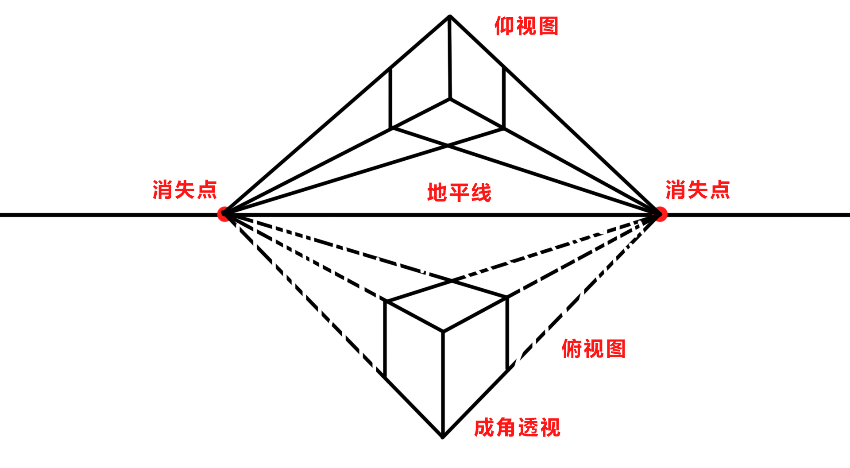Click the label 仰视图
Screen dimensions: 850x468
(526, 26)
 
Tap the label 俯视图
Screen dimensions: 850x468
(593, 349)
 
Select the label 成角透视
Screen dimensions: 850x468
(517, 428)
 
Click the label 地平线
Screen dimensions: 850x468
(459, 193)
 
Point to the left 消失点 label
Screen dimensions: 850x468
(185, 190)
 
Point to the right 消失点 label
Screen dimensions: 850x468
(698, 190)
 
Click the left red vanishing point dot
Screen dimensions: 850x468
(224, 214)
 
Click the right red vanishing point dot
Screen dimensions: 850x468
(660, 214)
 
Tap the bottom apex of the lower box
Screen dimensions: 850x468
(443, 437)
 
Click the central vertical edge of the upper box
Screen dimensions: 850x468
(450, 58)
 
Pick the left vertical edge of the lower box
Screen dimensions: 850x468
(385, 339)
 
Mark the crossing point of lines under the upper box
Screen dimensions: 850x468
(448, 145)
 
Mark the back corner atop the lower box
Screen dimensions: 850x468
(452, 280)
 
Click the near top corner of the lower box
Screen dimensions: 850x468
(443, 331)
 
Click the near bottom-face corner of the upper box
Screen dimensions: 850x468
(450, 99)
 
